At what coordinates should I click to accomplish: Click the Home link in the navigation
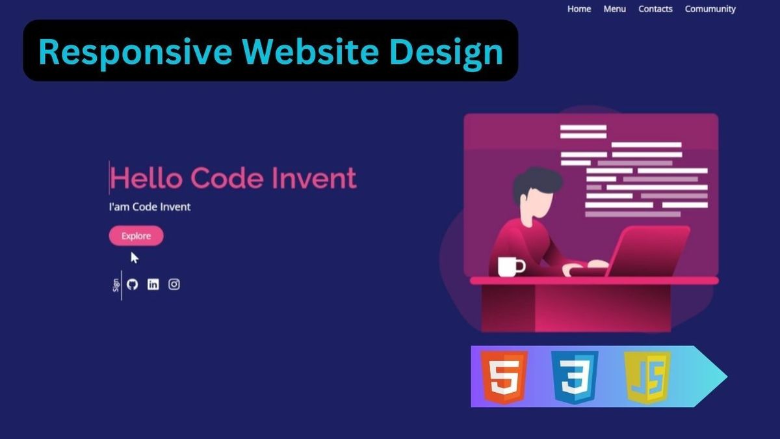coord(578,9)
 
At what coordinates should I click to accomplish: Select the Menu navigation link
coord(614,9)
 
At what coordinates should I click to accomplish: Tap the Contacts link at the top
coord(655,9)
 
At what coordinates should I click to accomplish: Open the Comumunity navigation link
coord(710,9)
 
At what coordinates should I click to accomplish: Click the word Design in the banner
coord(447,51)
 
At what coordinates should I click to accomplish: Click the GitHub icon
coord(133,284)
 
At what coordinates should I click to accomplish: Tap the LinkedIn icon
coord(153,284)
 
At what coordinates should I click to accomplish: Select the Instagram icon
coord(174,284)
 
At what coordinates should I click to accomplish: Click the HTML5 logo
coord(504,377)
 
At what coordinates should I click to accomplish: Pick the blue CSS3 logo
coord(575,377)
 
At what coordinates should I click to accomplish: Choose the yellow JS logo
coord(647,377)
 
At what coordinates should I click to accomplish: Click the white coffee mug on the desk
coord(510,266)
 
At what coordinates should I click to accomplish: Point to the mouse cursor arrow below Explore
coord(134,258)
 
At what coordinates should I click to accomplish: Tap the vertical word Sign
coord(116,285)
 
